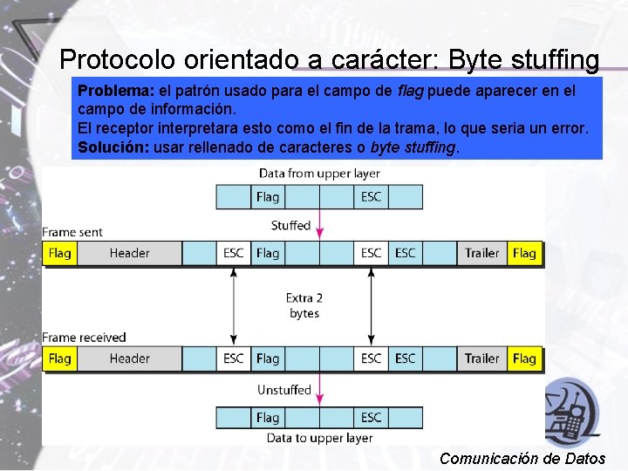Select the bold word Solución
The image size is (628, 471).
pyautogui.click(x=113, y=147)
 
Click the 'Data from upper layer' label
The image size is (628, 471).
pyautogui.click(x=319, y=174)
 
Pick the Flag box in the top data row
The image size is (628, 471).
pyautogui.click(x=268, y=197)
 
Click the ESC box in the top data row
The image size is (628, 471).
pyautogui.click(x=372, y=197)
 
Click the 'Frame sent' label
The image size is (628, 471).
pyautogui.click(x=72, y=232)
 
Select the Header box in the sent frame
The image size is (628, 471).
pyautogui.click(x=129, y=253)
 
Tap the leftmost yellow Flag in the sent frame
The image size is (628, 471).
pyautogui.click(x=60, y=253)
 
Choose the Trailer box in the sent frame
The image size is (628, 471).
pyautogui.click(x=481, y=253)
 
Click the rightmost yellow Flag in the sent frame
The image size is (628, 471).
pyautogui.click(x=524, y=253)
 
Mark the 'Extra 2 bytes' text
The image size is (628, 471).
pyautogui.click(x=304, y=305)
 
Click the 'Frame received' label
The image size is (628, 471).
pyautogui.click(x=84, y=338)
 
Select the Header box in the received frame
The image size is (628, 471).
pyautogui.click(x=129, y=358)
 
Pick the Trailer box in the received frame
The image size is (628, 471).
pyautogui.click(x=481, y=358)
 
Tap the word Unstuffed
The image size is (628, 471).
pyautogui.click(x=283, y=390)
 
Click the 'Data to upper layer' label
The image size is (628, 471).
pyautogui.click(x=319, y=438)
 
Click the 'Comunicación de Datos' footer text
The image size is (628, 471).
pyautogui.click(x=522, y=458)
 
